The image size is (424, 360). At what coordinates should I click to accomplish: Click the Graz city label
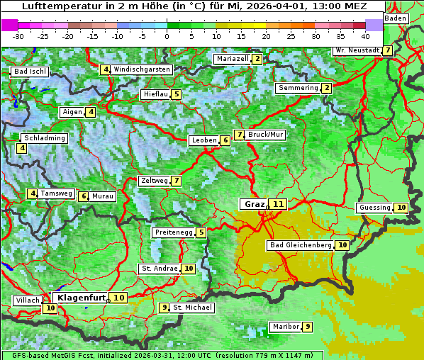coord(253,204)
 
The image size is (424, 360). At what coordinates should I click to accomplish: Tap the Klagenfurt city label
coord(81,298)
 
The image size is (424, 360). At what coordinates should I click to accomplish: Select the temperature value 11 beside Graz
coord(278,204)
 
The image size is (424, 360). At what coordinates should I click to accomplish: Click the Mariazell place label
coord(233,59)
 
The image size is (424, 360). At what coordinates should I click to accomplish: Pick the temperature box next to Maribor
coord(307,327)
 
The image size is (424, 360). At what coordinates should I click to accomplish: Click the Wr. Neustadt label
coord(357,50)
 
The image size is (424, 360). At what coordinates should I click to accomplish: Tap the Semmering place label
coord(298,88)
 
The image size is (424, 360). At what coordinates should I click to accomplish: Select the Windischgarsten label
coord(142,69)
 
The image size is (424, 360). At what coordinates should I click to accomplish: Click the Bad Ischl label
coord(30,72)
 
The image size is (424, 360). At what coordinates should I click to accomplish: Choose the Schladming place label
coord(44,138)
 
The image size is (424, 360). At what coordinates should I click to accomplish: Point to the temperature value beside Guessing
coord(401,208)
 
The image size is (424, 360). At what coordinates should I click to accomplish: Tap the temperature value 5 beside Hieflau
coord(176,94)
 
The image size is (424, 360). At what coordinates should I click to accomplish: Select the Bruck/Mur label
coord(266,135)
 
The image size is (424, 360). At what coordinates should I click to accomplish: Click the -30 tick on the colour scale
coord(18,36)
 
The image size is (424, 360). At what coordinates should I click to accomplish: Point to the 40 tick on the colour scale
coord(365,36)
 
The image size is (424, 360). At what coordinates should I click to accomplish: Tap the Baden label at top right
coord(396,18)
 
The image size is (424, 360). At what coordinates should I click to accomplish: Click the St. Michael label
coord(193,308)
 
